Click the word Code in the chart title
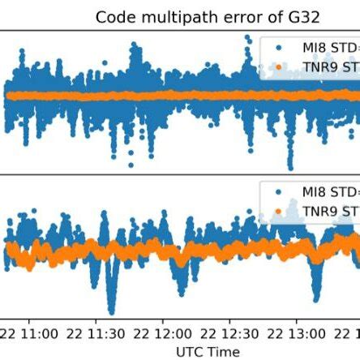coord(113,16)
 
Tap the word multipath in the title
coord(165,16)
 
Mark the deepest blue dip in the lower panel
coord(112,311)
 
